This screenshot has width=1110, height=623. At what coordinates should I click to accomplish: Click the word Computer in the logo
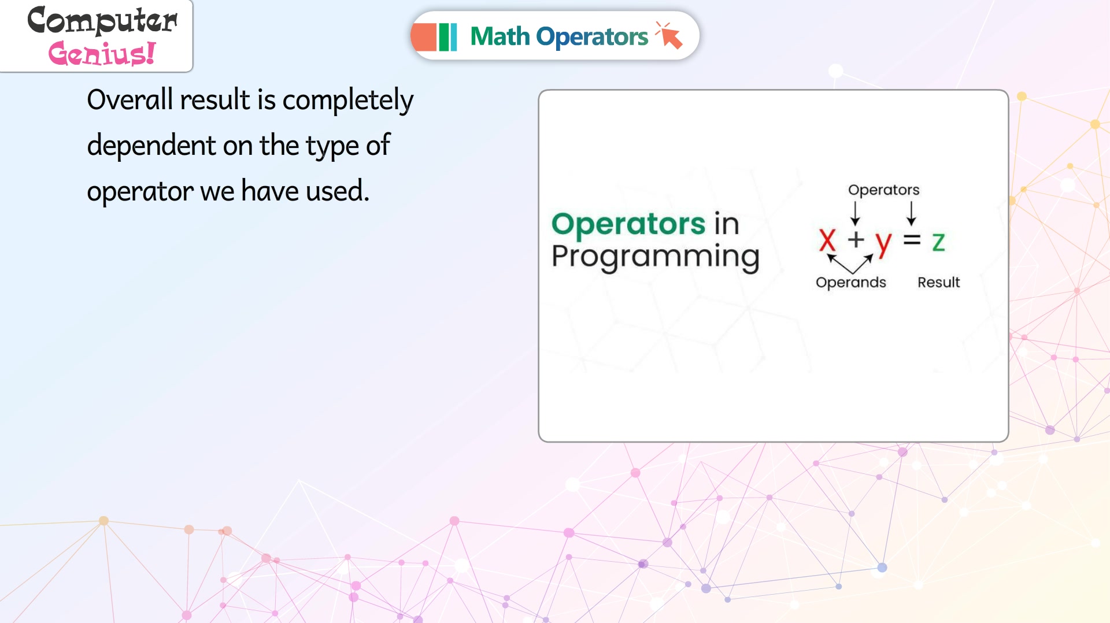(x=102, y=21)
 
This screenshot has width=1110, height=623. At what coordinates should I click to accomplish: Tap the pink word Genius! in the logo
(x=102, y=53)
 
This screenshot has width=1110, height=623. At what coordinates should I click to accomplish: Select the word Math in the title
(x=500, y=36)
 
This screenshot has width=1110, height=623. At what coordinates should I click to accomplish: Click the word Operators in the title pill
(x=592, y=36)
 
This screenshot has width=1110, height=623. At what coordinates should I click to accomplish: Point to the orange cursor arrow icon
(x=669, y=35)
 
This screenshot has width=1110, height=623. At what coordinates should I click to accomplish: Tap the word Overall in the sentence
(x=130, y=99)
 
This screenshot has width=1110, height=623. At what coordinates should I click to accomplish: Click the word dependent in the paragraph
(x=151, y=145)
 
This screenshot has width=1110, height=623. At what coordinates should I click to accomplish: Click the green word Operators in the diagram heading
(x=628, y=224)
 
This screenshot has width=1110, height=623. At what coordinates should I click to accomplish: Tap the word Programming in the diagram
(x=656, y=257)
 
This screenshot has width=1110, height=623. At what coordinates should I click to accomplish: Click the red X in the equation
(x=827, y=240)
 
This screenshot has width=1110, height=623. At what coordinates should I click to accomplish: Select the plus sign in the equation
(x=856, y=239)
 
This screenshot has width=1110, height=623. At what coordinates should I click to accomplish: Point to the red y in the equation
(x=883, y=244)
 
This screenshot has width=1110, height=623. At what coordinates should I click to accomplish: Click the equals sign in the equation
(x=912, y=239)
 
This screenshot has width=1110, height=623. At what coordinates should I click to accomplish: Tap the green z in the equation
(x=938, y=242)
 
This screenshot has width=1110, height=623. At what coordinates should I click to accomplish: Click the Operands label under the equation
(x=851, y=283)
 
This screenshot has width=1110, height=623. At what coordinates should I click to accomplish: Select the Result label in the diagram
(x=939, y=282)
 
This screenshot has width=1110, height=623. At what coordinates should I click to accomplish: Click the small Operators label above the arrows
(x=883, y=190)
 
